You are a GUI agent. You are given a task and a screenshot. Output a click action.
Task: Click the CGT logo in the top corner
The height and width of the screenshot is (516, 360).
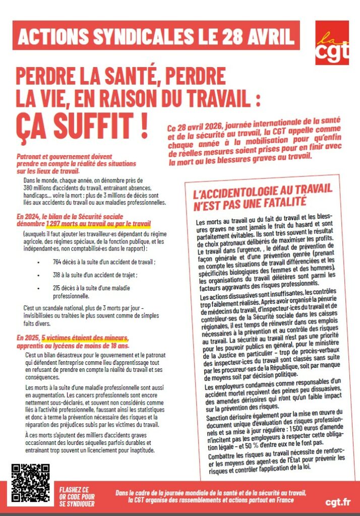pyautogui.click(x=332, y=43)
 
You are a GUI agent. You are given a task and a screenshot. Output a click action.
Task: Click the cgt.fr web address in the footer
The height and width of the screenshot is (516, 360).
pyautogui.click(x=338, y=502)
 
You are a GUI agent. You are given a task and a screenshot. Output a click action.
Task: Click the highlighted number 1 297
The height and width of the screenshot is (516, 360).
pyautogui.click(x=55, y=223)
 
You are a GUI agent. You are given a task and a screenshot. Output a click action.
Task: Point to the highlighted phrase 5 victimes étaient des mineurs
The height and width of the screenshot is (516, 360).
pyautogui.click(x=85, y=337)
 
